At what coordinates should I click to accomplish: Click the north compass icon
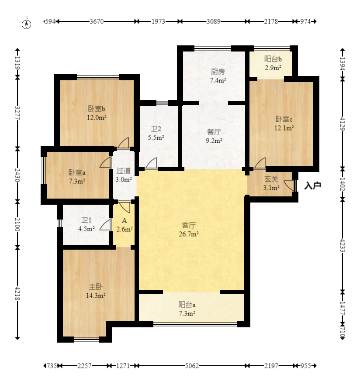[27, 24]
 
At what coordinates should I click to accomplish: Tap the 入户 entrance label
[313, 185]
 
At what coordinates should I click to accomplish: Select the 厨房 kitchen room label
[218, 72]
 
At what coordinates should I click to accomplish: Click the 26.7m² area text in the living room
[189, 234]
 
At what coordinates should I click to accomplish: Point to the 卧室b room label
[97, 108]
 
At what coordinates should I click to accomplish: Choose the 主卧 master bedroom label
[96, 287]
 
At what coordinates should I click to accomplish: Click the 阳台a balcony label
[187, 305]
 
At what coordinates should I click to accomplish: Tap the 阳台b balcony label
[273, 59]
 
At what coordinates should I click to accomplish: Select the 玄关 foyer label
[271, 179]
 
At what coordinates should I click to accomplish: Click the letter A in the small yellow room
[125, 220]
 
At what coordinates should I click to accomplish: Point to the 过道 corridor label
[123, 171]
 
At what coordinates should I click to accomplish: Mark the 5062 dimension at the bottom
[192, 366]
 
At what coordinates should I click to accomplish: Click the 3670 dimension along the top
[97, 21]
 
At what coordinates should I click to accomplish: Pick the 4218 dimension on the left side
[17, 293]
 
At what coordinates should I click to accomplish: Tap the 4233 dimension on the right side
[343, 245]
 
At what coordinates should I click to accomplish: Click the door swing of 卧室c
[260, 163]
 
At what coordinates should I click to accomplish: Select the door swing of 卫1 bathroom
[105, 225]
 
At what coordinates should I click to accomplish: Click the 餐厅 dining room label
[214, 132]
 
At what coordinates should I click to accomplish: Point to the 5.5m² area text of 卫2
[156, 137]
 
